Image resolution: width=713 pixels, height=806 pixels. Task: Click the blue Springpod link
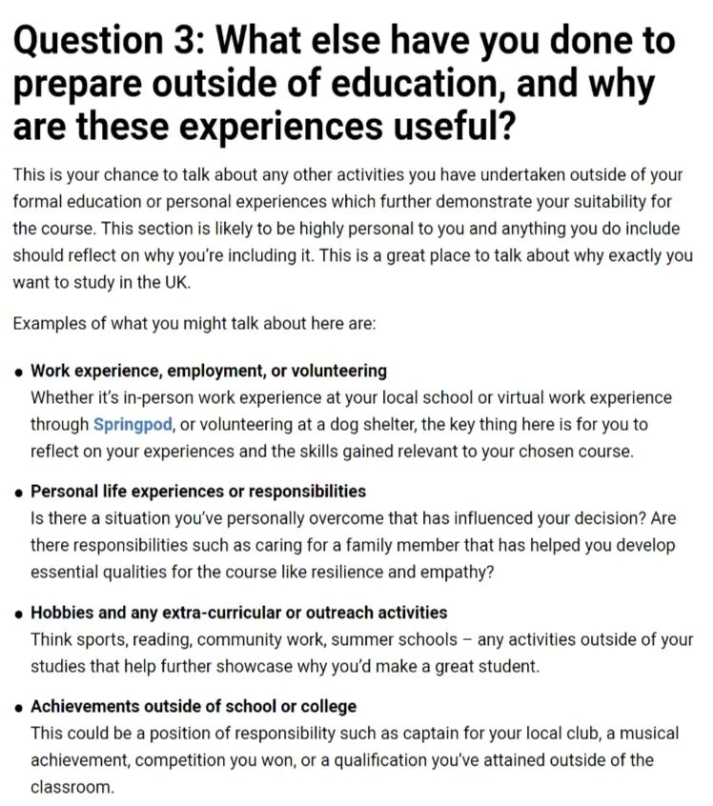click(x=132, y=423)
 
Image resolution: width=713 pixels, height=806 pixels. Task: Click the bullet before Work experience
click(x=19, y=372)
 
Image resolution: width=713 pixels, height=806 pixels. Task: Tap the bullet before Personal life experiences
click(x=19, y=493)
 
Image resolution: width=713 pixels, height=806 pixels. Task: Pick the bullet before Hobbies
click(x=19, y=614)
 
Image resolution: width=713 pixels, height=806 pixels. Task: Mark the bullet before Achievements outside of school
click(x=19, y=708)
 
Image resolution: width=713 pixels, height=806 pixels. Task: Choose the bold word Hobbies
click(x=63, y=612)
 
